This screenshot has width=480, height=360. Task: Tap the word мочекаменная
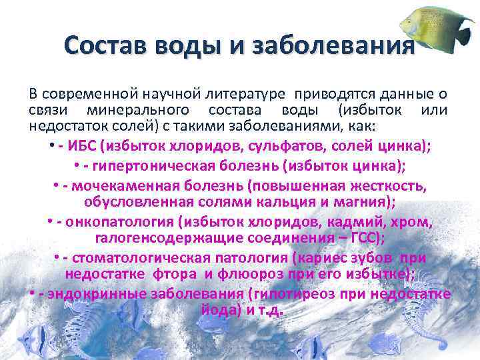[114, 184]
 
